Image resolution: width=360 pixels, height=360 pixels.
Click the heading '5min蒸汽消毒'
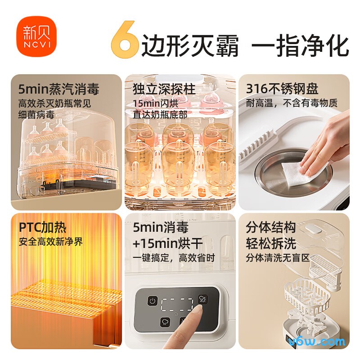tap(58, 88)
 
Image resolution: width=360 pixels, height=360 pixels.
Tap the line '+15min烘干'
tap(167, 244)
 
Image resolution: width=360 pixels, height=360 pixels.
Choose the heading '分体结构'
tap(271, 227)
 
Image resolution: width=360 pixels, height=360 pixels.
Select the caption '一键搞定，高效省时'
tap(174, 258)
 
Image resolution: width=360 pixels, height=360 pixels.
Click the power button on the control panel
tap(153, 301)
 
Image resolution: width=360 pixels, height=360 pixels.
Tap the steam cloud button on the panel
tap(153, 322)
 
